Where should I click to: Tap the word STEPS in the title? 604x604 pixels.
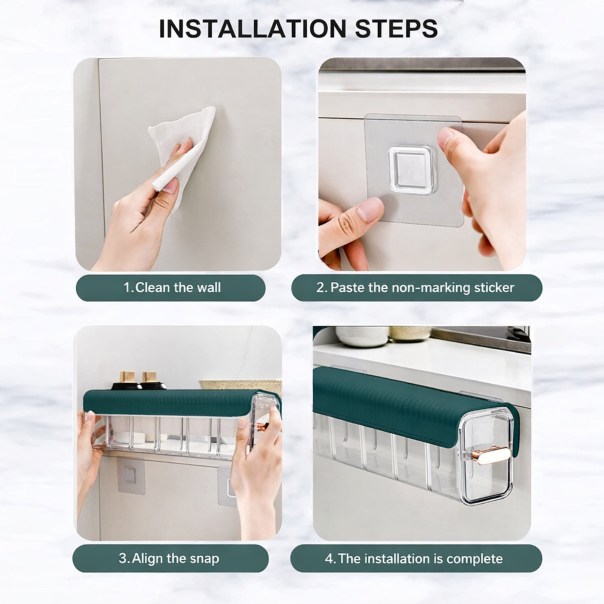pos(396,29)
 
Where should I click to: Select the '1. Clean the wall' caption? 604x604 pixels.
pos(172,288)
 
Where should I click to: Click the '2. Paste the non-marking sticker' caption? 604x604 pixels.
pos(415,288)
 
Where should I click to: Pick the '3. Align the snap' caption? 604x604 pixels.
pos(169,558)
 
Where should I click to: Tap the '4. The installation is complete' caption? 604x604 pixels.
pos(414,558)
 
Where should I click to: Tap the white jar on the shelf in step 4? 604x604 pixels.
pos(362,336)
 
